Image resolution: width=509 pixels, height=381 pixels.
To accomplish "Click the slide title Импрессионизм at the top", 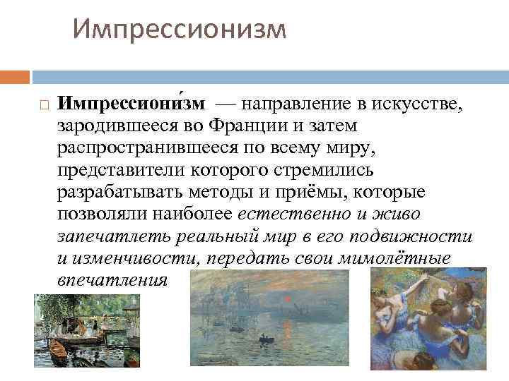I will [180, 30].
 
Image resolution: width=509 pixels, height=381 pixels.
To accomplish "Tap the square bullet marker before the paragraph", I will [42, 104].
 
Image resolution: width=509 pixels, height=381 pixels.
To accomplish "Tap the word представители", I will [117, 169].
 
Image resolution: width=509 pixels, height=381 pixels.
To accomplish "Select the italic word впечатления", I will [112, 279].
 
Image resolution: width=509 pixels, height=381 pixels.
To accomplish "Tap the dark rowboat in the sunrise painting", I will [266, 339].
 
